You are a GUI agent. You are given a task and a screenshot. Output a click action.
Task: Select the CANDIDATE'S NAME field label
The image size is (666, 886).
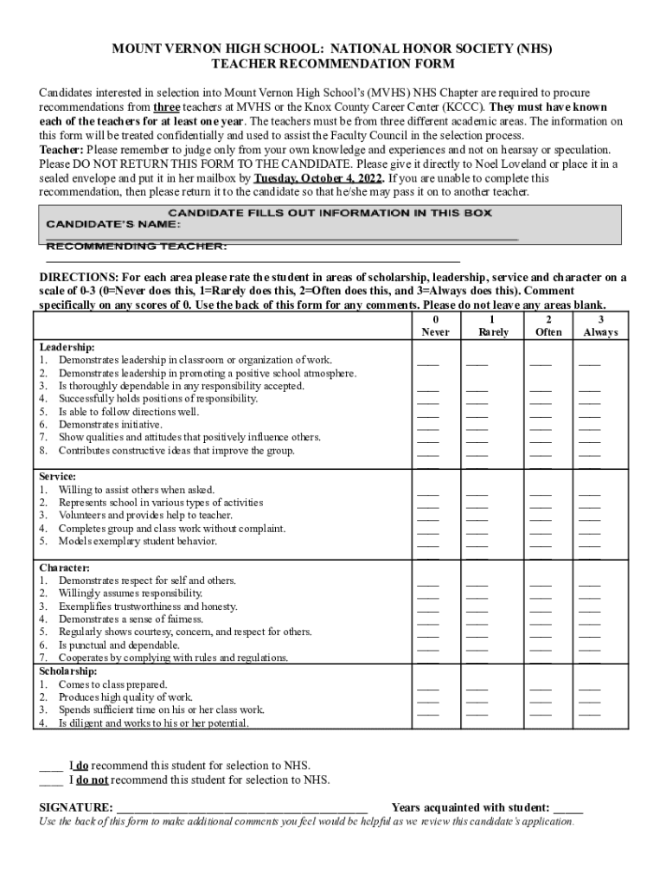click(x=113, y=224)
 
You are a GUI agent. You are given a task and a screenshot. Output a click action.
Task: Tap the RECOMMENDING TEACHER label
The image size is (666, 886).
click(x=137, y=247)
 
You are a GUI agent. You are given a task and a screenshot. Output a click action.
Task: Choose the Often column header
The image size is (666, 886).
click(x=548, y=332)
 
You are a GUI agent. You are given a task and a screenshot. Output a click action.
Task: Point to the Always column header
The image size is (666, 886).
click(x=600, y=332)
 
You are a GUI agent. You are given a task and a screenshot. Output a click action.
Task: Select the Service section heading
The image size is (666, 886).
click(x=58, y=477)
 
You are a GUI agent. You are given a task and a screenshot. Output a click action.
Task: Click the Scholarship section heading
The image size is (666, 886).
click(x=68, y=671)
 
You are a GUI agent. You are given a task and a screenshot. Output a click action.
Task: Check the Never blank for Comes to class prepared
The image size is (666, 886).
click(x=428, y=688)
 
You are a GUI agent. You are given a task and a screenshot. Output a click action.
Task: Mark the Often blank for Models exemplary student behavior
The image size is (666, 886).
click(x=541, y=544)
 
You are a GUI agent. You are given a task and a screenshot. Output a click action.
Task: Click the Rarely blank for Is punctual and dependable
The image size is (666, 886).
click(x=477, y=648)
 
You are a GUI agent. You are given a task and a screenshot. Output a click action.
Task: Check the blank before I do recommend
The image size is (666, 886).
click(x=50, y=767)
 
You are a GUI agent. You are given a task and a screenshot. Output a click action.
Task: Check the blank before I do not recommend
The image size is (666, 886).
click(x=50, y=781)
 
